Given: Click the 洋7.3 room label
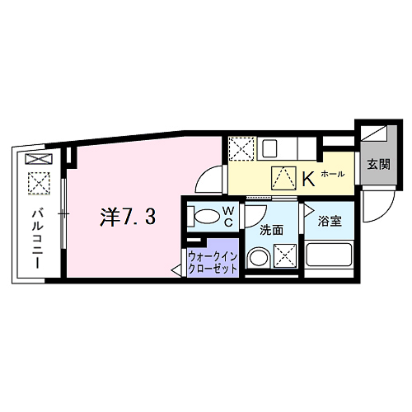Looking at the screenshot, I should tap(126, 218).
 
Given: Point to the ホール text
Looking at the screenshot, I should tap(332, 175).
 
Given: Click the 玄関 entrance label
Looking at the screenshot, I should tap(369, 164).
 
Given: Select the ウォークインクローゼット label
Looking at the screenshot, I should tap(213, 262).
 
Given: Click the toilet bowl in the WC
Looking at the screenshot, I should tap(207, 218).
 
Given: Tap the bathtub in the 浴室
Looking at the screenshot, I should tap(330, 255).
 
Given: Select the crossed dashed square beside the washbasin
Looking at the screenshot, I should tap(287, 257).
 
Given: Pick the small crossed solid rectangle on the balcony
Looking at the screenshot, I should tap(38, 159).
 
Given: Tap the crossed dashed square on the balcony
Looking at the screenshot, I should tap(38, 182).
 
